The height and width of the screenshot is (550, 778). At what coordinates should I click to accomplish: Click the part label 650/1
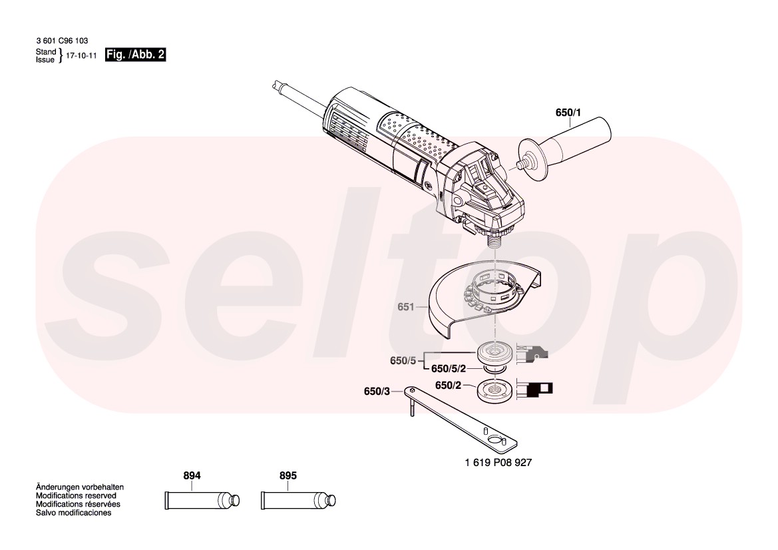pyautogui.click(x=568, y=113)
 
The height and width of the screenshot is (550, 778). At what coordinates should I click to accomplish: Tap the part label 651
pyautogui.click(x=405, y=307)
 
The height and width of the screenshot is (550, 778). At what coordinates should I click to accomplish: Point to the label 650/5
pyautogui.click(x=403, y=361)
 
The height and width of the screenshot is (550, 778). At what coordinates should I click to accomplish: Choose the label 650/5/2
pyautogui.click(x=449, y=369)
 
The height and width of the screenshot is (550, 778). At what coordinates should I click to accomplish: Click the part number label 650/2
pyautogui.click(x=448, y=385)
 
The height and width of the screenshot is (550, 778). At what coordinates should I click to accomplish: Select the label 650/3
pyautogui.click(x=377, y=391)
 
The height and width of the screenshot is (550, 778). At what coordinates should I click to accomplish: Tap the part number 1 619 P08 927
pyautogui.click(x=498, y=463)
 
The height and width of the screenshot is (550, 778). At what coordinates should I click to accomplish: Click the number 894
pyautogui.click(x=192, y=475)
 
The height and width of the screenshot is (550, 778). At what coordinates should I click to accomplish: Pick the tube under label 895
pyautogui.click(x=298, y=500)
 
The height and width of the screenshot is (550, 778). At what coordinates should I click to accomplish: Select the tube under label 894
pyautogui.click(x=202, y=500)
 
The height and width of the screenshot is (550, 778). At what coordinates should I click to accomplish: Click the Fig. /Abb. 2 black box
pyautogui.click(x=135, y=55)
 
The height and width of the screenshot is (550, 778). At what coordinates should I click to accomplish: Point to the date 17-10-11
pyautogui.click(x=81, y=55)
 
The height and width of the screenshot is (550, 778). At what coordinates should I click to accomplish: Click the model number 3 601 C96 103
pyautogui.click(x=62, y=41)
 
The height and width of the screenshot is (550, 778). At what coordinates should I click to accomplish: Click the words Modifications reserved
pyautogui.click(x=76, y=495)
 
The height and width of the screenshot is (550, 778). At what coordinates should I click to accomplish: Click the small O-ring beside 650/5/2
pyautogui.click(x=494, y=369)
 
